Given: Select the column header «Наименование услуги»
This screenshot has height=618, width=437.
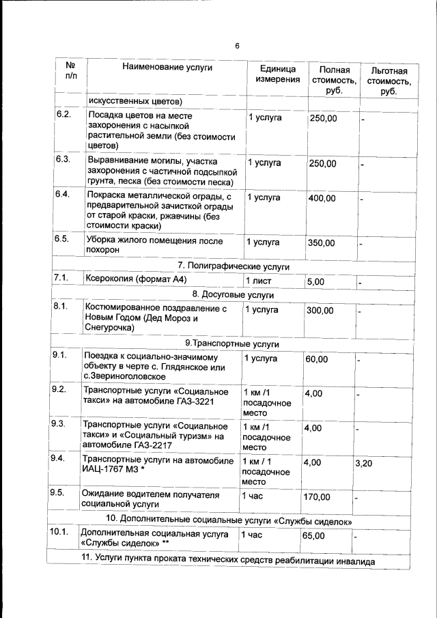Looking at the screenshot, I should coord(167,67).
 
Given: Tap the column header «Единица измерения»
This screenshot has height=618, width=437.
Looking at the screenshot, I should coord(278,74).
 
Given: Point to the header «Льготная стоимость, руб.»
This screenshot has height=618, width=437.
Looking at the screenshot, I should coord(389,81).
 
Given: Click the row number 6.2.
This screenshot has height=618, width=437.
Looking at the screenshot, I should coord(64,113).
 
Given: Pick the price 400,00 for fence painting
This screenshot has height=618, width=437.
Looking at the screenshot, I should coord(322,198).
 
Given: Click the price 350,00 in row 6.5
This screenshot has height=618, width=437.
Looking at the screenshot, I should coord(321,243).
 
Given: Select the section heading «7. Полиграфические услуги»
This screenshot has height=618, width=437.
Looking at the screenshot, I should coord(234,266).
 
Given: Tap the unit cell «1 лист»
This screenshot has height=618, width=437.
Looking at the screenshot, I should coord(259,281).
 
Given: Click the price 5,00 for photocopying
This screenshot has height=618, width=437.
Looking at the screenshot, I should coord(315,281).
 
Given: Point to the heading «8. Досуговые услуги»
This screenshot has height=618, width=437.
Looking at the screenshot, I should coord(233,295).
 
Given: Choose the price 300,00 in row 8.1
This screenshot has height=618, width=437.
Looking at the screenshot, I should coord(320,310).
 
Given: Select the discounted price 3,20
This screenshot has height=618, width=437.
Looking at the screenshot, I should coord(365,463).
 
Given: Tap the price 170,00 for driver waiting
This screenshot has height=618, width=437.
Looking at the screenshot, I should coord(316,496).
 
